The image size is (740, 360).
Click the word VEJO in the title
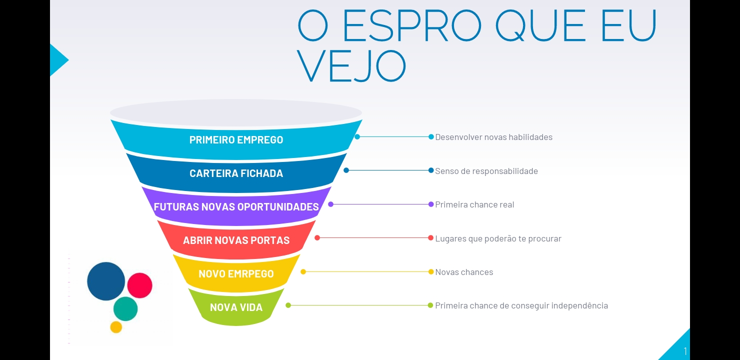351,66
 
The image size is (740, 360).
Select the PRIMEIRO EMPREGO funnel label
236,140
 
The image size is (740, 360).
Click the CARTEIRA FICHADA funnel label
236,173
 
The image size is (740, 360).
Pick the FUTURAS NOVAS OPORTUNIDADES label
236,207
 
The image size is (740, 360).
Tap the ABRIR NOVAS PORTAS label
236,240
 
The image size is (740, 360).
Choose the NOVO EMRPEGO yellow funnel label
236,274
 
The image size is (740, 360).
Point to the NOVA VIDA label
236,307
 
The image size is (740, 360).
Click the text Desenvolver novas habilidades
493,137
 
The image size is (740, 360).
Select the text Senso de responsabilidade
486,171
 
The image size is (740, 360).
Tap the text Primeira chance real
474,205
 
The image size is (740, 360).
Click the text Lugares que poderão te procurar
498,238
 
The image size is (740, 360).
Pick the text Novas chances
464,272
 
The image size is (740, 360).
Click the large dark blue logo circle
106,281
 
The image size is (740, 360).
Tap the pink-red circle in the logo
139,285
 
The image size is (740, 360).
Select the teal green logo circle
125,309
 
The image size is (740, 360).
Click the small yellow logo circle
116,327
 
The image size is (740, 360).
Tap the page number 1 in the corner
685,351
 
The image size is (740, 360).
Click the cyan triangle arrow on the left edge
58,60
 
